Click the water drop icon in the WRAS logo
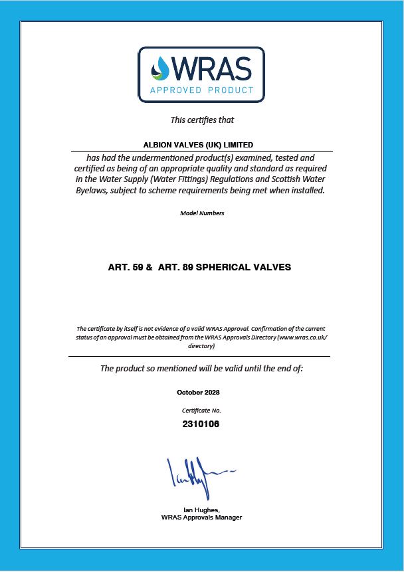pyautogui.click(x=160, y=68)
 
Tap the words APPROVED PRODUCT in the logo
pyautogui.click(x=201, y=90)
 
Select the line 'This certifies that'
pyautogui.click(x=202, y=120)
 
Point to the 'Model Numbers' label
pyautogui.click(x=202, y=213)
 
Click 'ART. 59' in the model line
pyautogui.click(x=125, y=268)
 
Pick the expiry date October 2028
pyautogui.click(x=202, y=393)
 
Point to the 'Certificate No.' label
pyautogui.click(x=202, y=411)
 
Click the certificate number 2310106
pyautogui.click(x=201, y=424)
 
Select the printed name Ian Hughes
pyautogui.click(x=201, y=510)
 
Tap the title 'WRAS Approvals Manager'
pyautogui.click(x=201, y=518)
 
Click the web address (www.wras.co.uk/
pyautogui.click(x=302, y=337)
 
